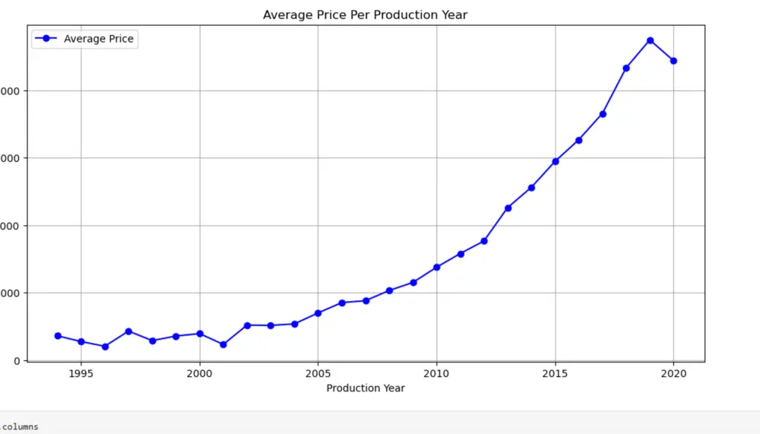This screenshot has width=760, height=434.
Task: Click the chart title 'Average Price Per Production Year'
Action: [x=365, y=15]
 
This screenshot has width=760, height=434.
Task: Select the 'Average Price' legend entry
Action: [x=99, y=39]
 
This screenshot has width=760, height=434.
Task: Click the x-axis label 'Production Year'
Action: [x=366, y=388]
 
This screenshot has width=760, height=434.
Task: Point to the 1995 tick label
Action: [x=81, y=374]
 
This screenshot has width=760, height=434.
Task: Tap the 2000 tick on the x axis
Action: [x=200, y=374]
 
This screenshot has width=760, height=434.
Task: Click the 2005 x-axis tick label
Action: [x=318, y=374]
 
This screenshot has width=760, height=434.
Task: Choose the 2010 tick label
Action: [x=437, y=374]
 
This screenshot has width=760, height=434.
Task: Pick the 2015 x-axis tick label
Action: [x=556, y=374]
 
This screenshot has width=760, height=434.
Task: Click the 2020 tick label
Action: [x=673, y=374]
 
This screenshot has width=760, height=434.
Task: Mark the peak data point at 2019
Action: [x=650, y=40]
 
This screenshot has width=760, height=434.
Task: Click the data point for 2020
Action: [x=673, y=61]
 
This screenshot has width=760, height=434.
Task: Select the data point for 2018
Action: [x=626, y=68]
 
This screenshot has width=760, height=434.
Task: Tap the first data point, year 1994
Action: [x=58, y=336]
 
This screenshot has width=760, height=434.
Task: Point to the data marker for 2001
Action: [x=223, y=345]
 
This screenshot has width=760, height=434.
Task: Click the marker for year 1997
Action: [x=128, y=331]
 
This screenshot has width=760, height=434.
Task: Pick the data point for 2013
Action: [x=508, y=208]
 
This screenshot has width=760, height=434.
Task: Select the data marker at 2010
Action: [x=437, y=268]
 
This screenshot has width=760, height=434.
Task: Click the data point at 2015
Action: [x=556, y=161]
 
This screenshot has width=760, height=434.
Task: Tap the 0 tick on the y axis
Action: [x=17, y=361]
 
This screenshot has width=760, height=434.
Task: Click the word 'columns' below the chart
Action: [x=21, y=427]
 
